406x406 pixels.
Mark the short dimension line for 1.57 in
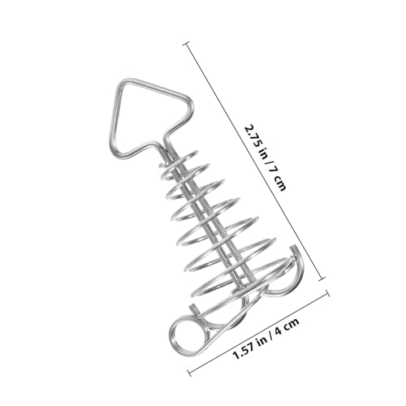[258, 334]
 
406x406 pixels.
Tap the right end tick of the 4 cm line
[328, 293]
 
